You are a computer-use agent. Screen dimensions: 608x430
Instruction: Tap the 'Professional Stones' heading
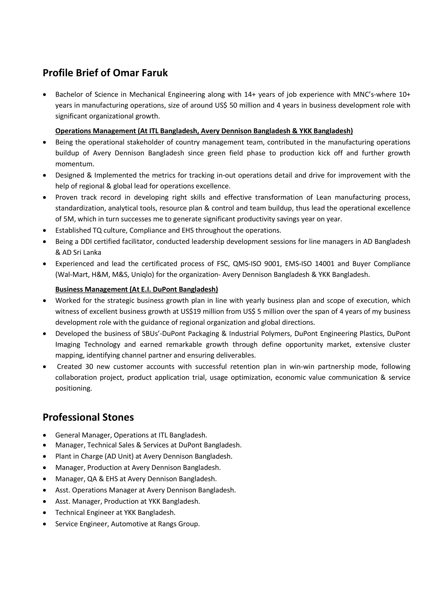tap(88, 417)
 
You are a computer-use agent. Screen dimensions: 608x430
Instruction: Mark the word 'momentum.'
tap(75, 164)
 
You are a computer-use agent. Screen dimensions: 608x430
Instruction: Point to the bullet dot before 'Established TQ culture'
tap(45, 230)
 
